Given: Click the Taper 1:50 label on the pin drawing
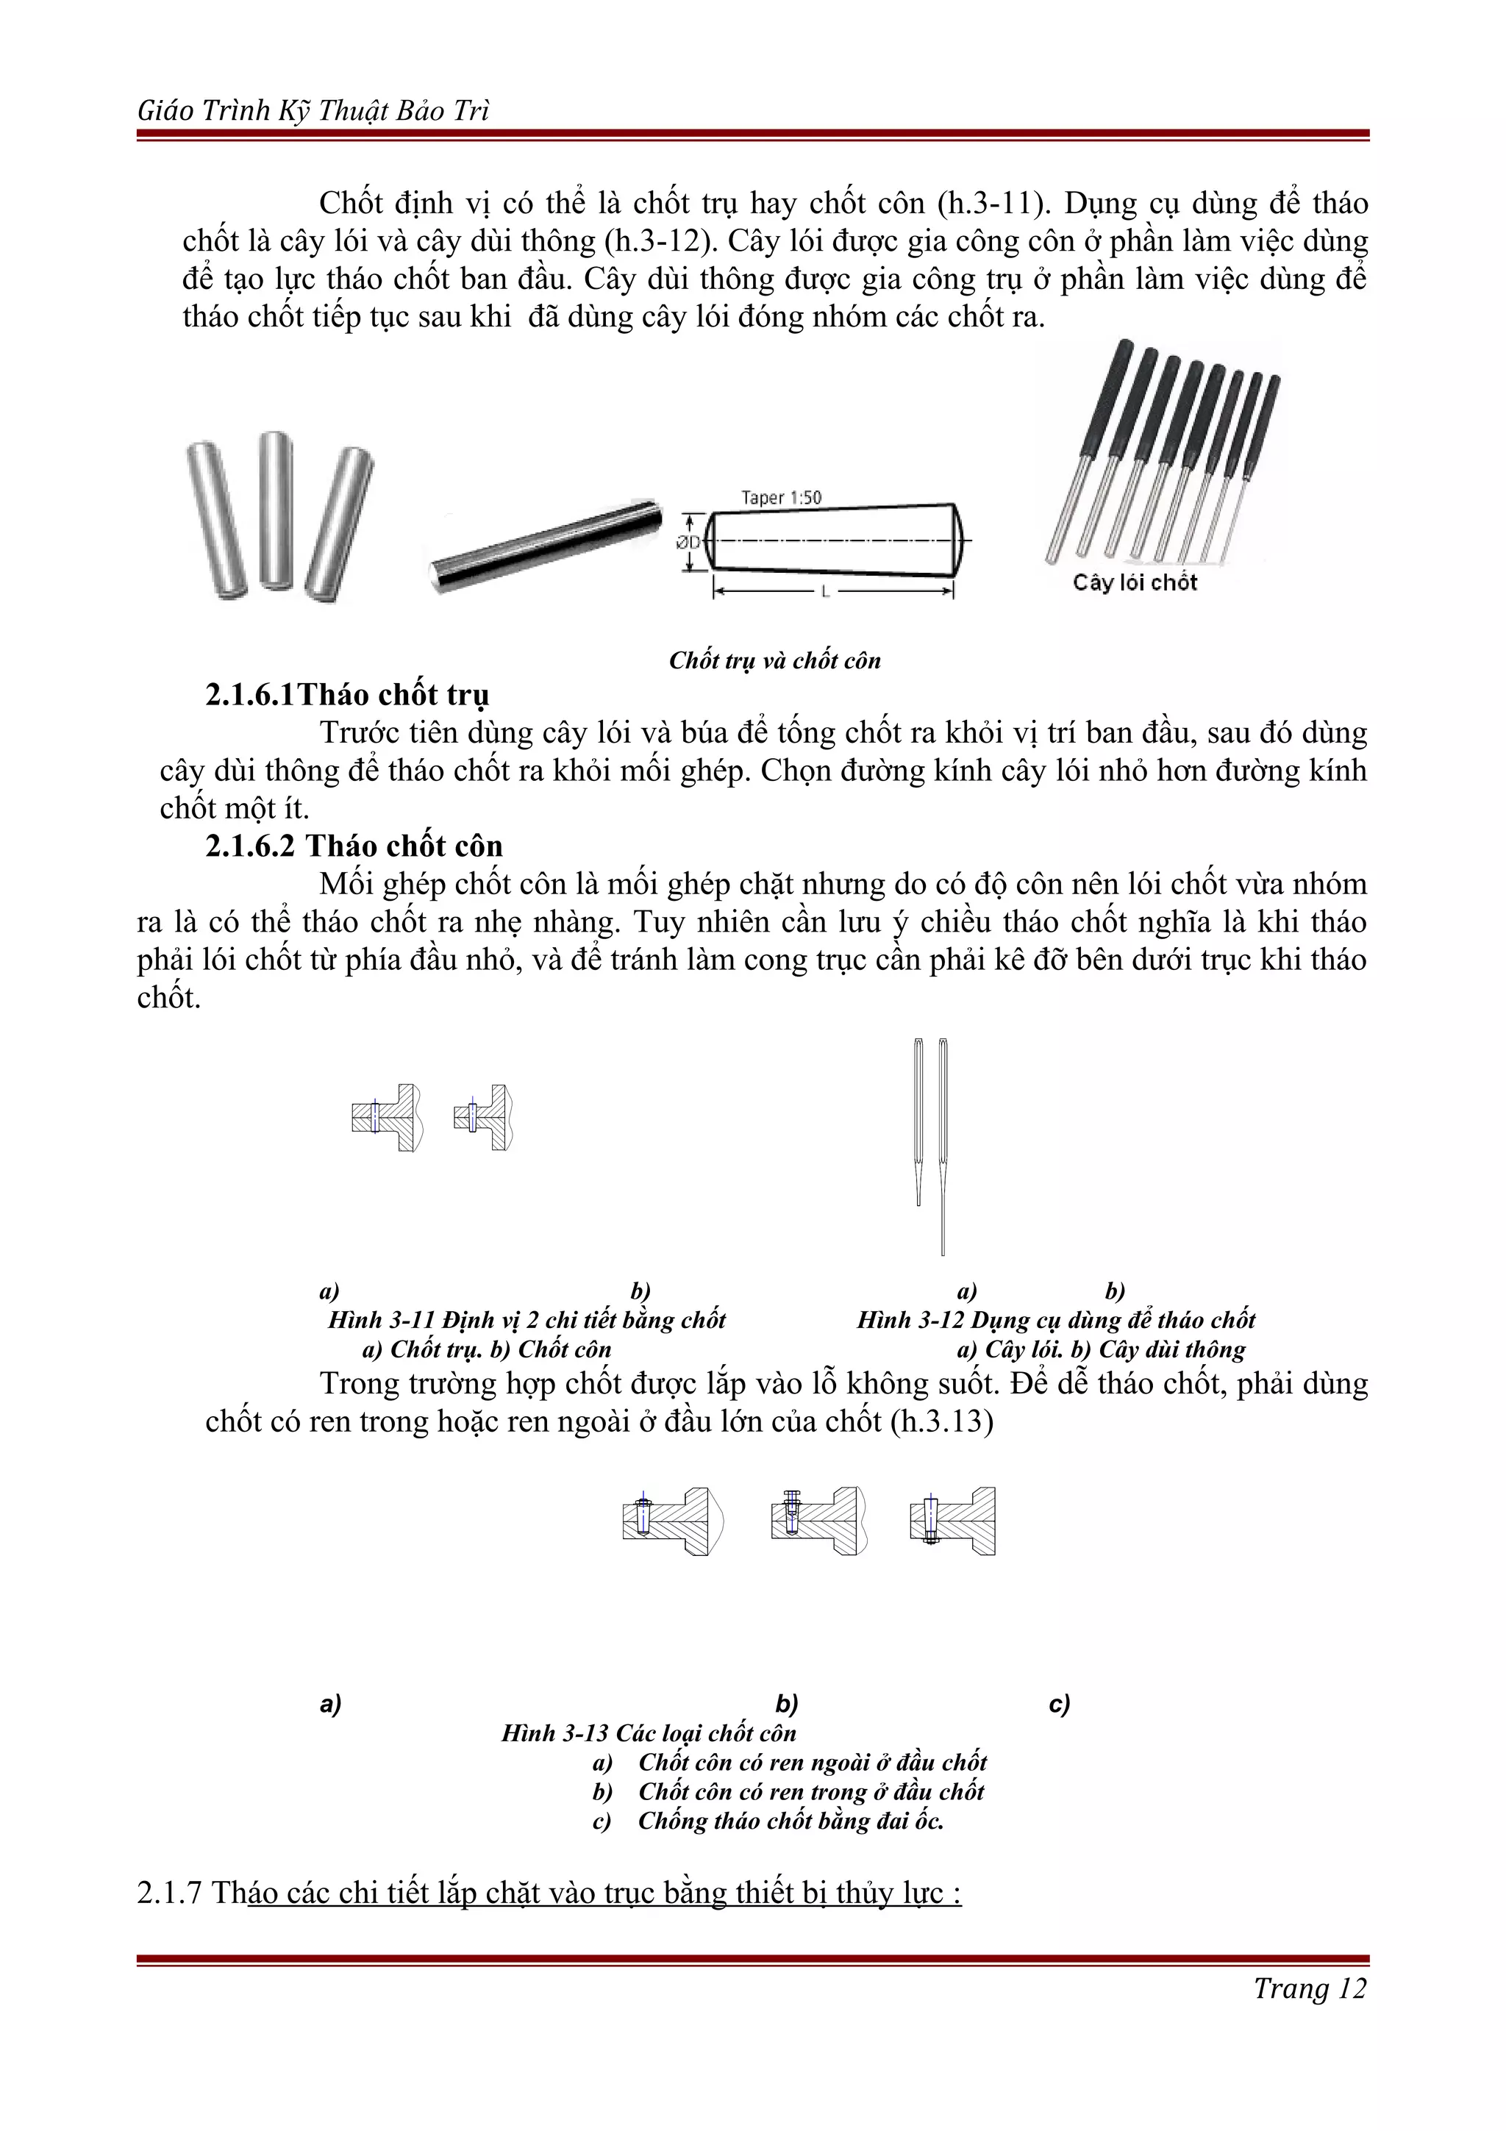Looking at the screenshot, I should click(780, 498).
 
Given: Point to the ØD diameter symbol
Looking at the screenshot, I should click(688, 542).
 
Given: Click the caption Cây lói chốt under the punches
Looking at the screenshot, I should click(1134, 583).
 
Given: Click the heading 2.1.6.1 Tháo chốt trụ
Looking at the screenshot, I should click(347, 694).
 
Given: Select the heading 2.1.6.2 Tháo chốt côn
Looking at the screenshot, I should click(354, 846).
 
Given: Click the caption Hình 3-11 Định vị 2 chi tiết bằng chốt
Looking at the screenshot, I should click(526, 1320).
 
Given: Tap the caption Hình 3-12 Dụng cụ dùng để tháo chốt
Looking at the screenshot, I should click(1055, 1320).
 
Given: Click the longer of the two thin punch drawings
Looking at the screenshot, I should click(943, 1146).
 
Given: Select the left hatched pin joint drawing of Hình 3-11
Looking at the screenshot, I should click(387, 1118).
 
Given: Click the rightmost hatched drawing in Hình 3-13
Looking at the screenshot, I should click(953, 1521).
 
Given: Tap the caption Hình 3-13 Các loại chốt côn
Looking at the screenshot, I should click(649, 1733).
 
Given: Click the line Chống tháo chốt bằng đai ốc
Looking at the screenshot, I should click(790, 1820).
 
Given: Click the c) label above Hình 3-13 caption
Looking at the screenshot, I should click(1059, 1703).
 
